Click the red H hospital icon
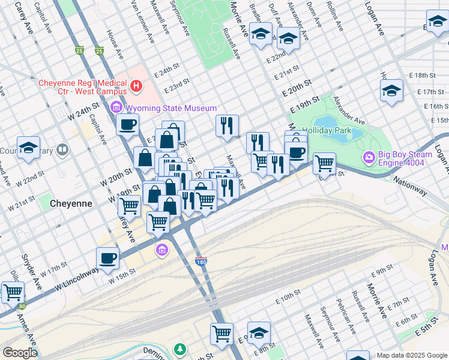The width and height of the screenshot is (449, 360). [x=136, y=87]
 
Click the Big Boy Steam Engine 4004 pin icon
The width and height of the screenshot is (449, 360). [x=369, y=158]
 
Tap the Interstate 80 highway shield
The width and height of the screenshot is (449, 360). [x=22, y=306]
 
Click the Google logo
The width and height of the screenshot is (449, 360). [x=19, y=353]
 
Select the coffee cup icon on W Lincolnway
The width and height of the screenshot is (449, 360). [x=107, y=259]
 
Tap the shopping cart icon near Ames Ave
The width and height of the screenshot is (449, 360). [x=13, y=293]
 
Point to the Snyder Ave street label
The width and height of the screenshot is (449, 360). [x=31, y=266]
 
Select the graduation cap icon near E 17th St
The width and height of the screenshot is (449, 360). [x=391, y=91]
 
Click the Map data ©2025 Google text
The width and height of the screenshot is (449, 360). [x=411, y=355]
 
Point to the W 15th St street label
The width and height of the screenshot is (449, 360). [x=124, y=277]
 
